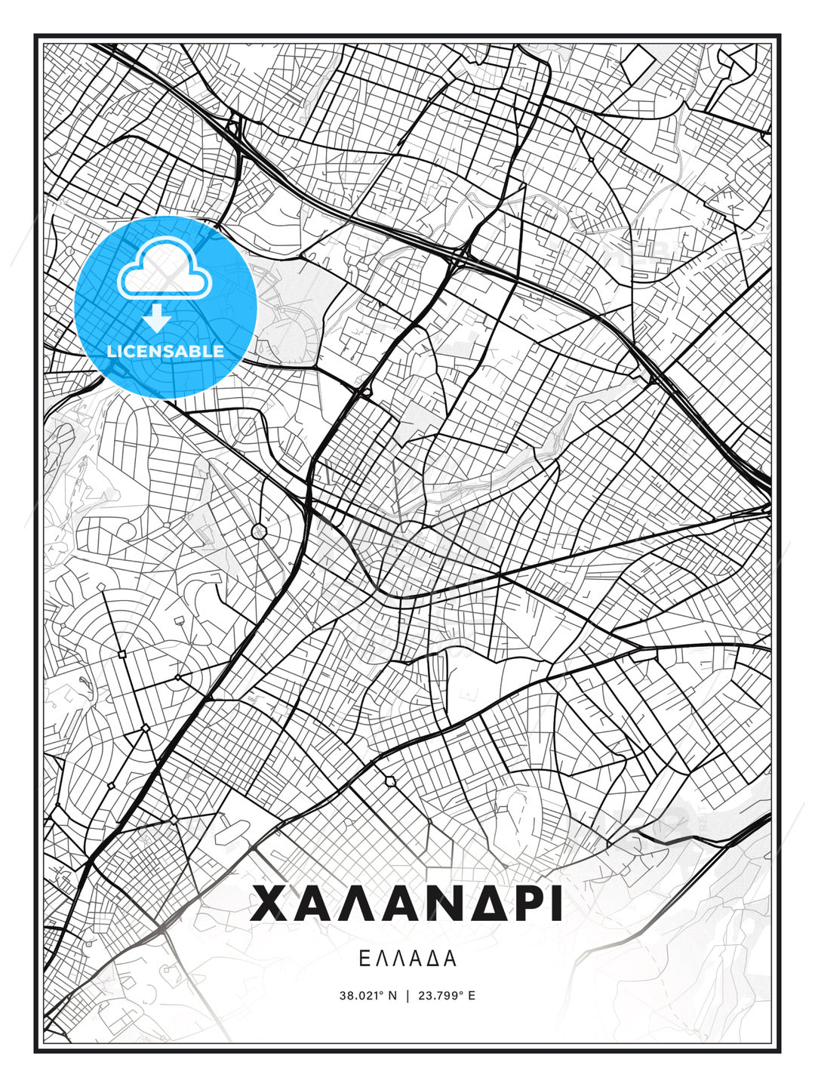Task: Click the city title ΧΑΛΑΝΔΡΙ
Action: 407,904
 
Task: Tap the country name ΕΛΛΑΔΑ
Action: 407,959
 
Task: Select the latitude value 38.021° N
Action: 368,995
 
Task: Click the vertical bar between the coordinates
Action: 407,995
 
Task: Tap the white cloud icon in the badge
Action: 162,269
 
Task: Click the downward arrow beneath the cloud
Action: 157,318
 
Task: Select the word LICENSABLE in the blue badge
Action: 165,351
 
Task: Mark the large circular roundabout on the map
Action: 259,531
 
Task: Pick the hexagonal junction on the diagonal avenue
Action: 390,781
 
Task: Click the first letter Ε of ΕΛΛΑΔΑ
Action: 364,959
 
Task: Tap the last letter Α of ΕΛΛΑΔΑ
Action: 451,959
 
